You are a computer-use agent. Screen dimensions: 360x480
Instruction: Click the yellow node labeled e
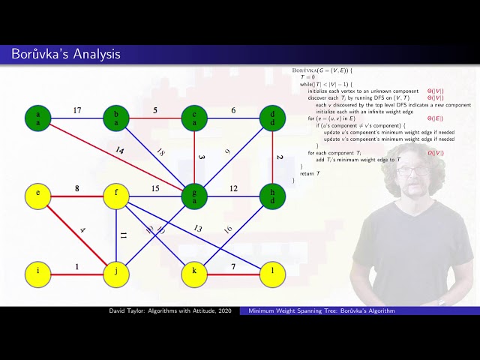[x=38, y=196]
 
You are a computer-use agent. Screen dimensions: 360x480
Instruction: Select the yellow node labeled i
[x=38, y=274]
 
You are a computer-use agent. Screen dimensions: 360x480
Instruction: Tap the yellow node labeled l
[x=272, y=274]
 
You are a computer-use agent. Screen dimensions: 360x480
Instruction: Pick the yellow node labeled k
[x=194, y=274]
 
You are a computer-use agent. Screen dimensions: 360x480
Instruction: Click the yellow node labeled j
[x=116, y=274]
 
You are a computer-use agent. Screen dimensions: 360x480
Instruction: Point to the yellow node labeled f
[x=116, y=196]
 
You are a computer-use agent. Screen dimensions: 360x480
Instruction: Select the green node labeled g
[x=194, y=196]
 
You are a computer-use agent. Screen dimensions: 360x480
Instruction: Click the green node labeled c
[x=194, y=118]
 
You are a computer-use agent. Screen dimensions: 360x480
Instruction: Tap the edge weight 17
[x=77, y=110]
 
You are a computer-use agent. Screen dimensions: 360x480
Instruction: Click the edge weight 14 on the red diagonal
[x=118, y=151]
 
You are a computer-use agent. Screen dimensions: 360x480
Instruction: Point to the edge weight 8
[x=77, y=189]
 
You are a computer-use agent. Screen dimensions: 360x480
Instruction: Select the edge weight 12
[x=233, y=189]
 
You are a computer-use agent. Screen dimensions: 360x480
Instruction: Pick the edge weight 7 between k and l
[x=233, y=267]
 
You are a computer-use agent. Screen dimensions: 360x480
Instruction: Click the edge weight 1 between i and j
[x=77, y=267]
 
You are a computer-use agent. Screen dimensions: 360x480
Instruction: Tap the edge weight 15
[x=155, y=189]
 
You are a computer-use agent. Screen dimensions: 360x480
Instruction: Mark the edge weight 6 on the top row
[x=233, y=110]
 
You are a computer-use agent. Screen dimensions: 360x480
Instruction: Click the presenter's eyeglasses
[x=410, y=171]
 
